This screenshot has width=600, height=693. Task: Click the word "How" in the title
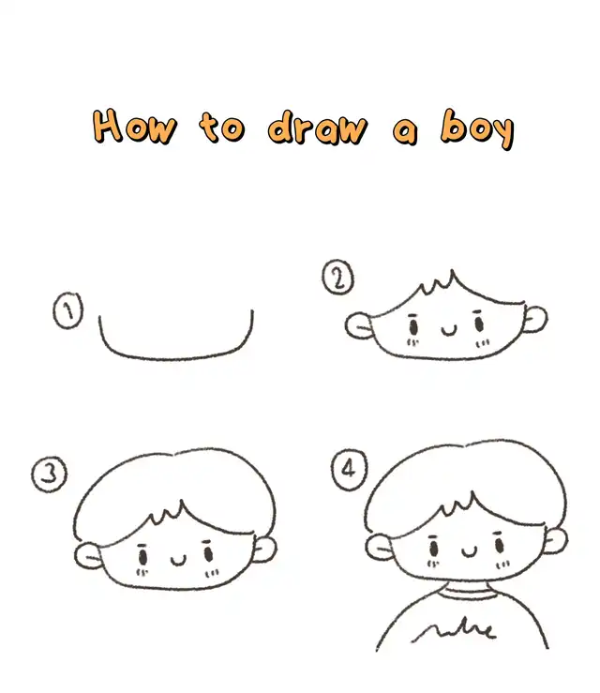(134, 127)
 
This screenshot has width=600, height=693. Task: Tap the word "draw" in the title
(317, 128)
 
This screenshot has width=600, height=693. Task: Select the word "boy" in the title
(477, 128)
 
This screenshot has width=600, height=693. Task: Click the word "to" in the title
(222, 128)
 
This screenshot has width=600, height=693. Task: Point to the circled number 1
(68, 309)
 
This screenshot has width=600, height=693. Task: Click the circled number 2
(338, 278)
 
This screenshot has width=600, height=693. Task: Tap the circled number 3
(49, 475)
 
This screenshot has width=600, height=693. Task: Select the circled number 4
(349, 470)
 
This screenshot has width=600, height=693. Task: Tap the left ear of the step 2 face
(359, 326)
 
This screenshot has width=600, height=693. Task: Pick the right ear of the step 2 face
(535, 318)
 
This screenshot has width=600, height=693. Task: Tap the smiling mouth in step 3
(178, 561)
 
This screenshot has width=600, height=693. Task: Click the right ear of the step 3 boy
(265, 549)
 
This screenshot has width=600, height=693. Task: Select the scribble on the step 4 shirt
(454, 630)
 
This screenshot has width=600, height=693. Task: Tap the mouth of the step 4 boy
(470, 551)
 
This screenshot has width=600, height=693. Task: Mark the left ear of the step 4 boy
(379, 548)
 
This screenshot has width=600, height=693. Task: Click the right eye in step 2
(479, 324)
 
